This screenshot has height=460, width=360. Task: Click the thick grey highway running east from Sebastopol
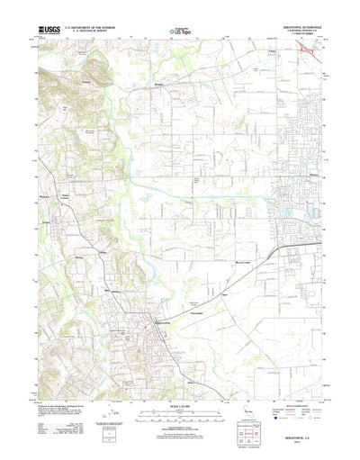(x=225, y=275)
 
